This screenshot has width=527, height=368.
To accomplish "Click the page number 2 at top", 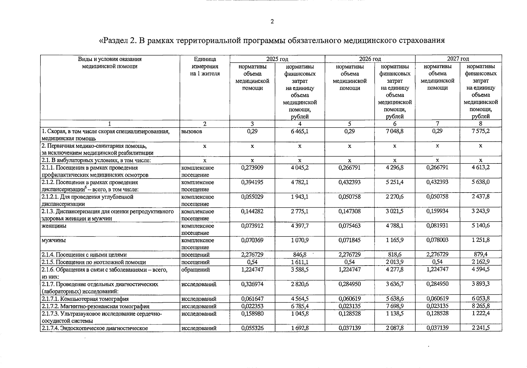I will (x=272, y=21).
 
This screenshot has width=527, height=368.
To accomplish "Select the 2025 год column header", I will (x=277, y=59).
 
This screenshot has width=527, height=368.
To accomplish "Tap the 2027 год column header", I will (x=458, y=59).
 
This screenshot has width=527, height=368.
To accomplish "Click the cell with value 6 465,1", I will (x=300, y=131).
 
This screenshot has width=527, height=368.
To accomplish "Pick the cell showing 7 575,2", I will (x=481, y=131).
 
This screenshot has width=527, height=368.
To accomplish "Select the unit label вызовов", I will (x=192, y=131).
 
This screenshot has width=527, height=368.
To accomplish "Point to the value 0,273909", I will (x=252, y=168).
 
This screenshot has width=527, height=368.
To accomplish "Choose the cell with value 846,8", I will (x=300, y=255).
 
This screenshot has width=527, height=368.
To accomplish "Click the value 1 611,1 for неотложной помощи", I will (x=300, y=262).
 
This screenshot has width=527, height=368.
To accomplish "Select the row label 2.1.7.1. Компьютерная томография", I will (x=85, y=299).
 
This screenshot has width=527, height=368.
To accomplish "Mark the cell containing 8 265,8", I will (x=481, y=306).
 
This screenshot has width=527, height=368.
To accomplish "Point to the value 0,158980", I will (x=252, y=314).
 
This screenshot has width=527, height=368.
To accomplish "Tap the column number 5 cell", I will (x=349, y=124).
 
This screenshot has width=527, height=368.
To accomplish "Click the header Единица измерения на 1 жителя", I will (x=205, y=67).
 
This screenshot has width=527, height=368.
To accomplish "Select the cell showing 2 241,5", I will (x=481, y=328).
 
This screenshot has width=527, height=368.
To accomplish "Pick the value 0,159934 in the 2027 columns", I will (x=437, y=211).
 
